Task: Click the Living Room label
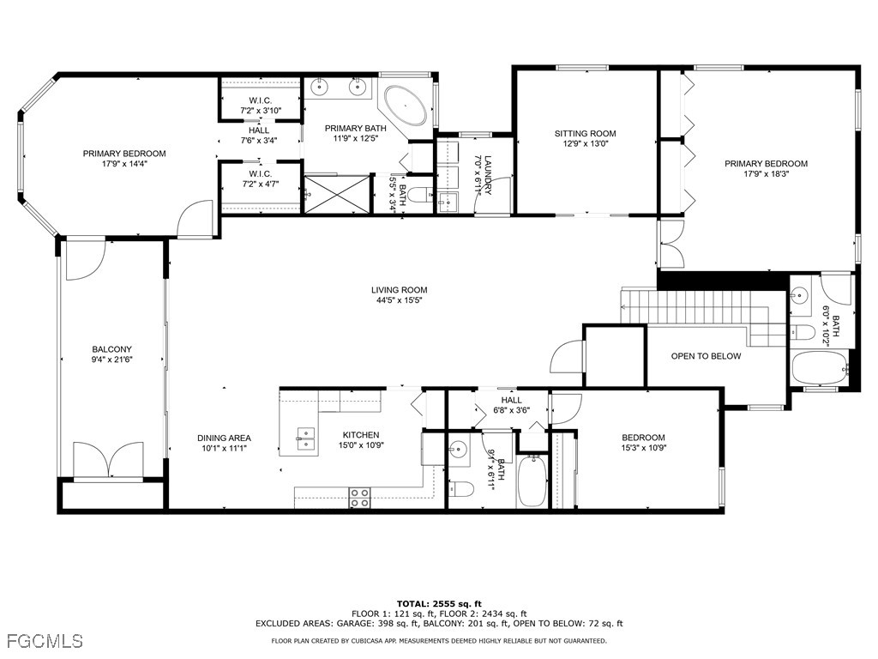coord(400,290)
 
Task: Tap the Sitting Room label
coord(585,133)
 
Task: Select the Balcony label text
coord(112,349)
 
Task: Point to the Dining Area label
coord(224,438)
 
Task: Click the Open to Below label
coord(706,356)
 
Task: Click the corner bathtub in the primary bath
coord(406,106)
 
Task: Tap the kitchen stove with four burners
coord(359,498)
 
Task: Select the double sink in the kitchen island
coord(306,438)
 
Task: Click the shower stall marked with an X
coord(337,194)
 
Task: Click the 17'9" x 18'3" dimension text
coord(766,173)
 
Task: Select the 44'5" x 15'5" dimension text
coord(400,299)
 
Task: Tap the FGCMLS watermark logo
coord(45,640)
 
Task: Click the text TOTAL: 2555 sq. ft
coord(439,603)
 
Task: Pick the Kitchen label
coord(361,435)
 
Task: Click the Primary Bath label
coord(356,129)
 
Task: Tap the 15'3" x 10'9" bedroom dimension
coord(643,448)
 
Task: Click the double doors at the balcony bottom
coord(109,461)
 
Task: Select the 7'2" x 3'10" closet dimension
coord(261,111)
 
